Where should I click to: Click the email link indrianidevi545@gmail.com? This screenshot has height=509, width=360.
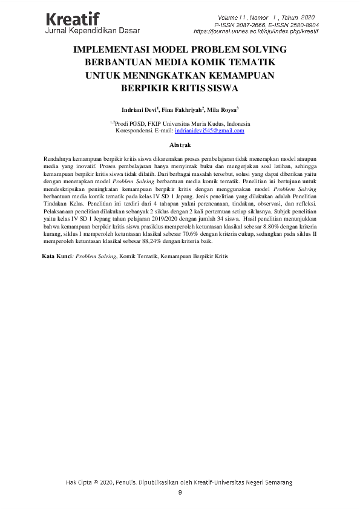(x=209, y=131)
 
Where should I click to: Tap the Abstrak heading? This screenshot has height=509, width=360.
(x=180, y=145)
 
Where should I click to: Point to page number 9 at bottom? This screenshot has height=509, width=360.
(x=180, y=493)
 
